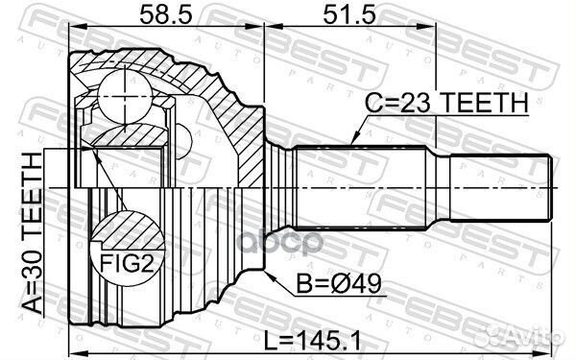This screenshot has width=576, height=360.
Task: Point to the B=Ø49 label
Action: [327, 284]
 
